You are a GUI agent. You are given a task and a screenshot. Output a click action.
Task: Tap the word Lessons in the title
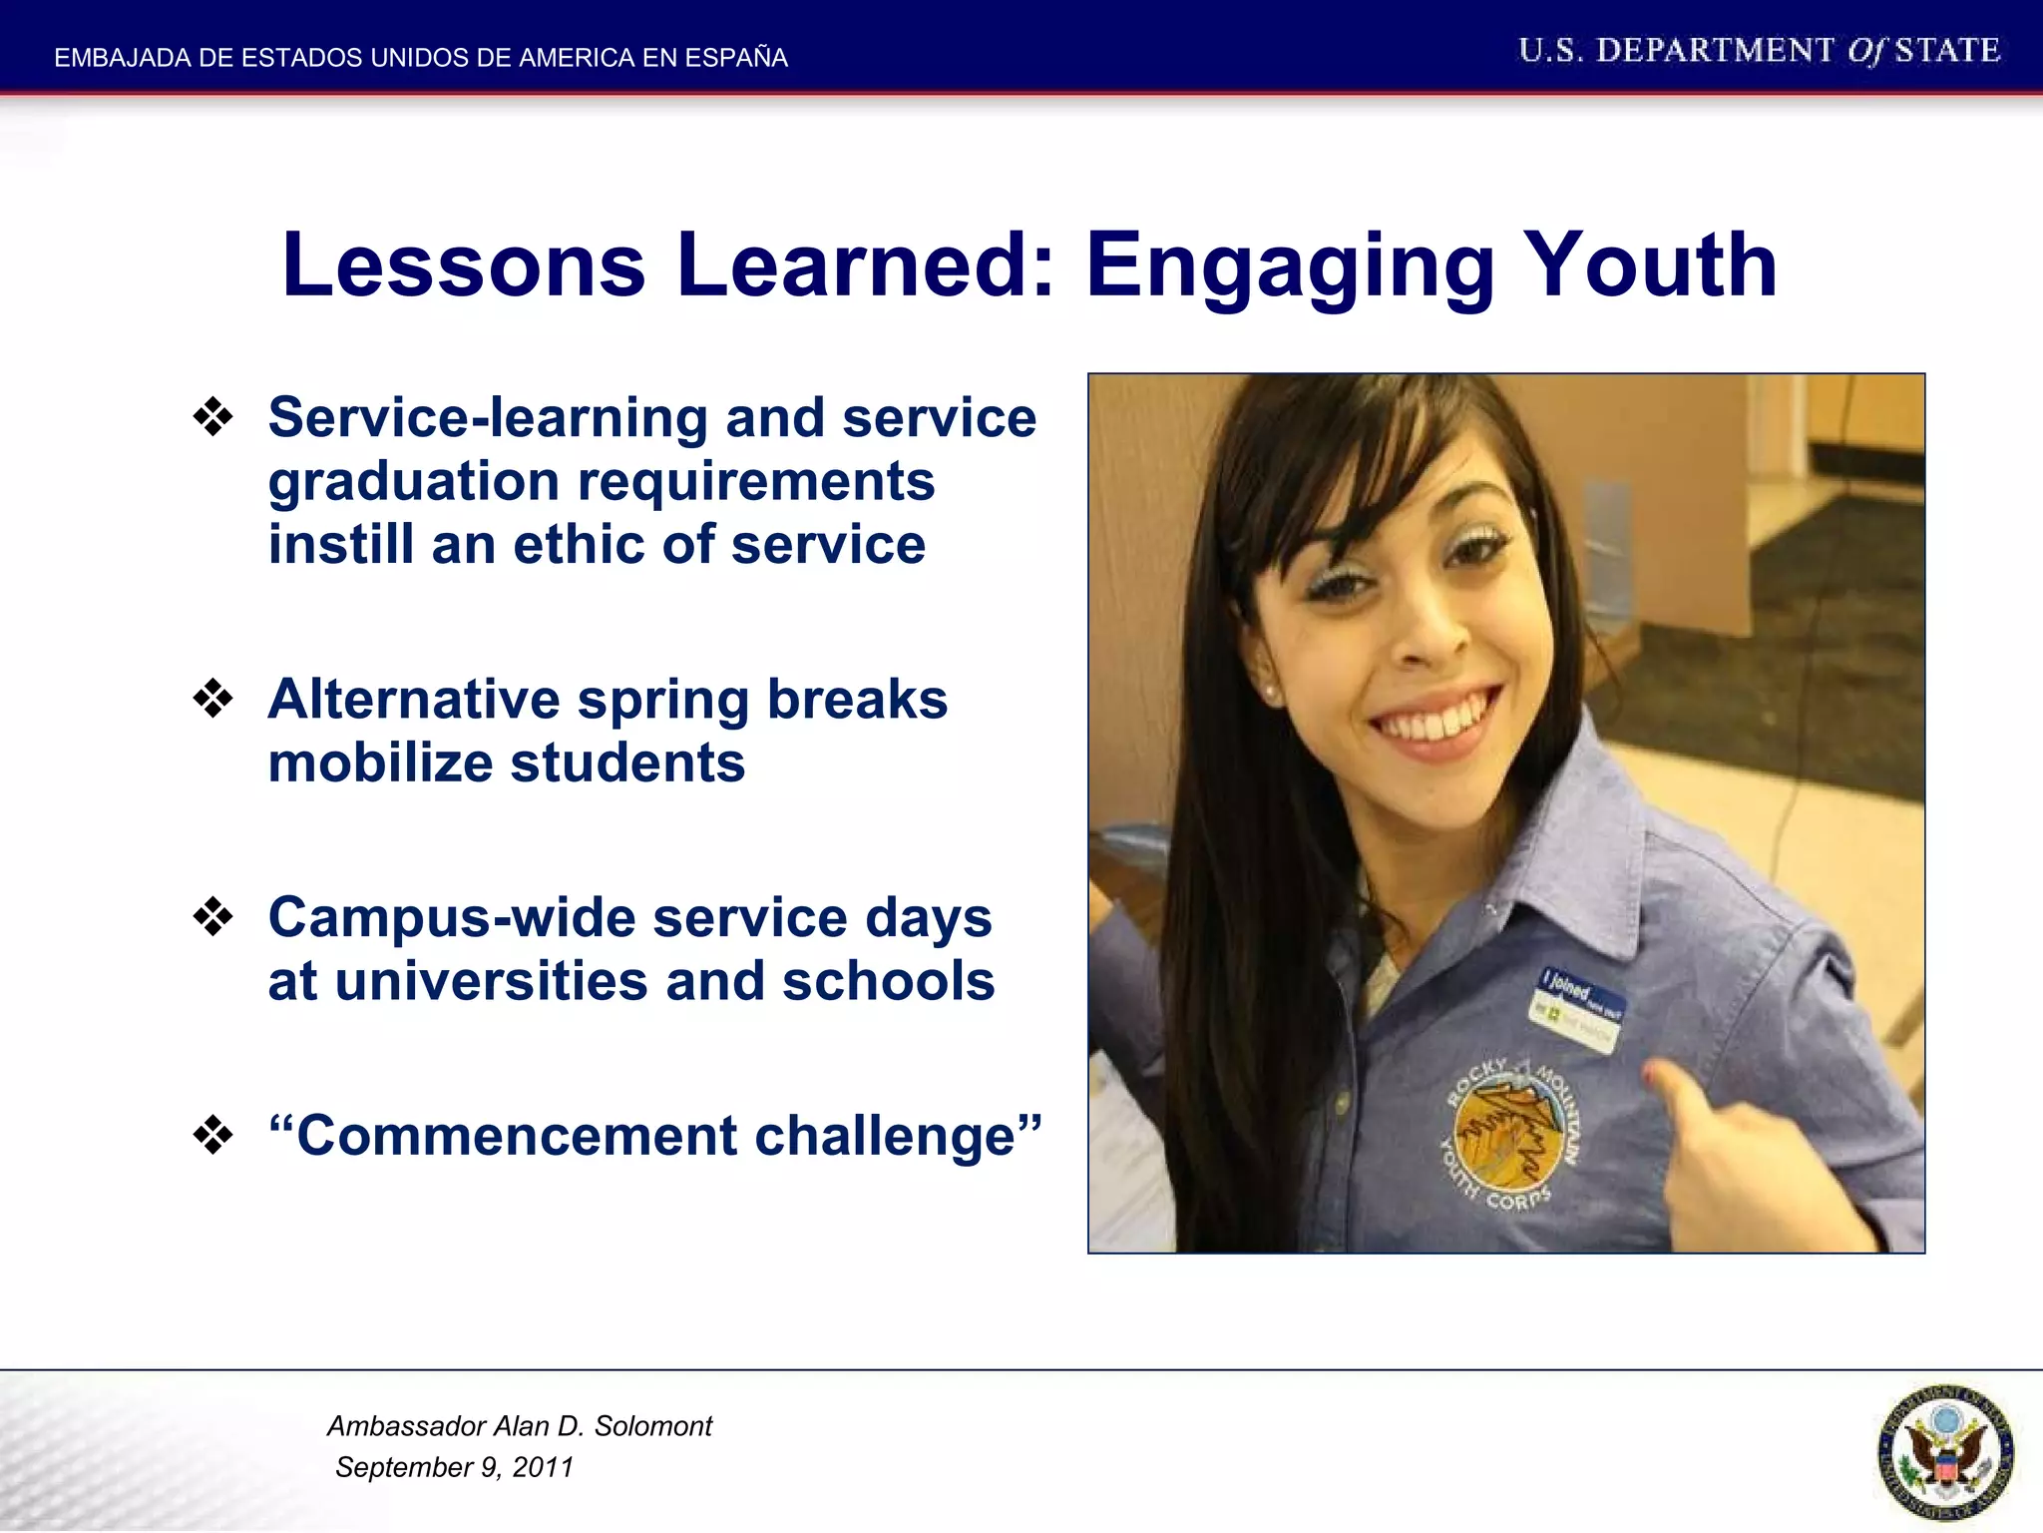point(464,265)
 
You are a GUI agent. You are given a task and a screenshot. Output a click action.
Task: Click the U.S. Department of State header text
point(1759,51)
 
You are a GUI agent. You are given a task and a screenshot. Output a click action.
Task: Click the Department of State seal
point(1944,1452)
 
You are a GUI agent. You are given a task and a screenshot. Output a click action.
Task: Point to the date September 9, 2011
point(455,1467)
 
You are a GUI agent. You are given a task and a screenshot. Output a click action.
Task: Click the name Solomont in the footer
point(653,1426)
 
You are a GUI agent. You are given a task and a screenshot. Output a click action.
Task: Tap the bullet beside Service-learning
point(212,417)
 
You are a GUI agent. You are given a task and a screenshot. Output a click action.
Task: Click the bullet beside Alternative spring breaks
point(212,699)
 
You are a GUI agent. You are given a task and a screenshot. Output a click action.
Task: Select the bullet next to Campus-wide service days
point(212,916)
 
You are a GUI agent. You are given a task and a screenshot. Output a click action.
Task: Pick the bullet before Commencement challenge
point(212,1135)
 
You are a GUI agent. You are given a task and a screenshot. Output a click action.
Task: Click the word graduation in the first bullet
point(414,483)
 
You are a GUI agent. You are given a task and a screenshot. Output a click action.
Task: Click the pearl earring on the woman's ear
point(1272,691)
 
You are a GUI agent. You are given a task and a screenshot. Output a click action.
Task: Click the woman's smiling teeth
point(1436,720)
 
